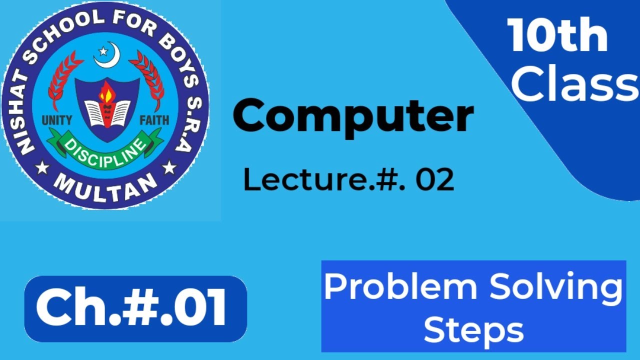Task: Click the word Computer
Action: click(353, 116)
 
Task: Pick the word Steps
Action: click(473, 330)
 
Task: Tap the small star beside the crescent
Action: click(103, 50)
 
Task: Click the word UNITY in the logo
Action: click(57, 120)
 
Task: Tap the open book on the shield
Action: click(106, 112)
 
